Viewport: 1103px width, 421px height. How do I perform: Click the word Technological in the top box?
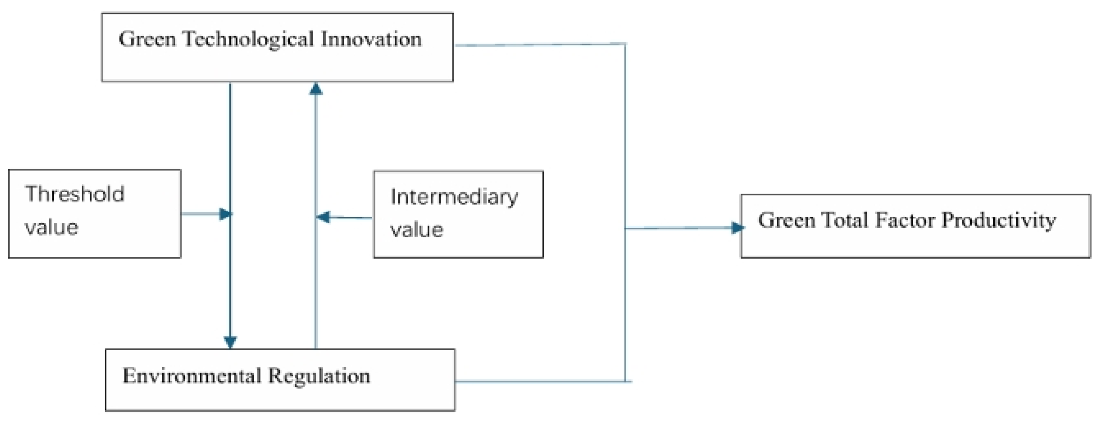click(248, 39)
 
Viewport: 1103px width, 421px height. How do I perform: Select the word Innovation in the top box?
click(371, 39)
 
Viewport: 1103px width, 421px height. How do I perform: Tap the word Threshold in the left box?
click(75, 194)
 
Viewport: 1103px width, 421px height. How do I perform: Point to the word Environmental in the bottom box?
click(191, 376)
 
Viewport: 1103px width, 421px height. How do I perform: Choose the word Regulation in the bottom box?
click(319, 376)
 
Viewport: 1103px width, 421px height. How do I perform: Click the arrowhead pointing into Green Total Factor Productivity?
click(737, 227)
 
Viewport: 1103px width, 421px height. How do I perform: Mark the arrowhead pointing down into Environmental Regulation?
click(230, 342)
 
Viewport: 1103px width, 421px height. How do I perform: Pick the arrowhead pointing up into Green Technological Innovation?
click(316, 89)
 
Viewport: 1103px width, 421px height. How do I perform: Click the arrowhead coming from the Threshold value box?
click(225, 214)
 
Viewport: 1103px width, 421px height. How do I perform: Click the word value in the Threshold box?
click(51, 227)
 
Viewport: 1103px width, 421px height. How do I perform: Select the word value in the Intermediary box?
click(417, 230)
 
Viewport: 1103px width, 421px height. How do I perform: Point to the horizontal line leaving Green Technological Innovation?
click(540, 44)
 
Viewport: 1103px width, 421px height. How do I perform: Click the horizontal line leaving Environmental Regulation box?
click(540, 381)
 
